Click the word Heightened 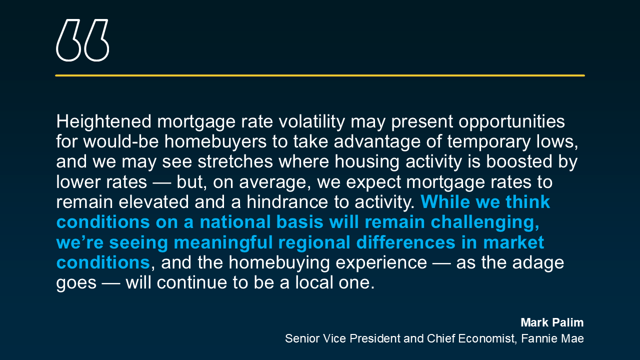[x=103, y=122]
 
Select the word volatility [x=311, y=122]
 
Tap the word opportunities [x=511, y=122]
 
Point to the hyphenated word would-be [x=121, y=141]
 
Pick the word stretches [x=235, y=161]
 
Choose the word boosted [x=519, y=161]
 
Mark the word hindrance [x=287, y=202]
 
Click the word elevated [x=153, y=202]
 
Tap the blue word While [x=445, y=202]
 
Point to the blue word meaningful [x=223, y=243]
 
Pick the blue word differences [x=405, y=242]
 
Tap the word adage [x=538, y=263]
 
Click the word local [x=314, y=282]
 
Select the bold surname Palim [x=567, y=322]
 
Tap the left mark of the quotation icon [x=68, y=40]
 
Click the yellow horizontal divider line [x=320, y=75]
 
